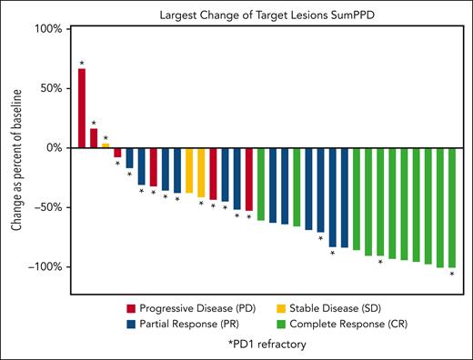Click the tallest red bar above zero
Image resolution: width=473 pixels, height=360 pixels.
click(82, 108)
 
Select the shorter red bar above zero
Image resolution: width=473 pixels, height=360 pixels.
click(94, 138)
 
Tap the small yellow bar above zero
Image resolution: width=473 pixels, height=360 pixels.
click(106, 145)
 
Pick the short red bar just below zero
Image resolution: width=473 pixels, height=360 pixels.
click(117, 153)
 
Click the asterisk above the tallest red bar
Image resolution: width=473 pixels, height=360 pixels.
click(82, 63)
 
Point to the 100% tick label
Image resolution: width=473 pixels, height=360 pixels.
click(48, 29)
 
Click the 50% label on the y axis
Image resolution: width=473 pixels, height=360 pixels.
click(51, 88)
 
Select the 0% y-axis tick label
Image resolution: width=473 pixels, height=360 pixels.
click(54, 147)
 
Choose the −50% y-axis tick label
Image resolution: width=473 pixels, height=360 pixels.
click(48, 207)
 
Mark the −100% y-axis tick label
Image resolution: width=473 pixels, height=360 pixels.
click(45, 266)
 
